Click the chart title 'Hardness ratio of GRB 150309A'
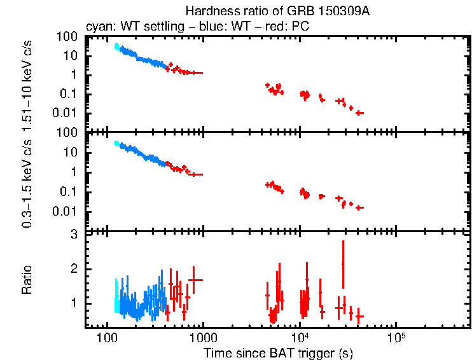[278, 11]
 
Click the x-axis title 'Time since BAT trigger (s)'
[278, 352]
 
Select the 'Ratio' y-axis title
[27, 280]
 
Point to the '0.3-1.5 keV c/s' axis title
[27, 181]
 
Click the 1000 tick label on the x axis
[202, 337]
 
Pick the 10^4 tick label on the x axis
[299, 336]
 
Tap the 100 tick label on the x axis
[106, 337]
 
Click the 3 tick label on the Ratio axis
[74, 235]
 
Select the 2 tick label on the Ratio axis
[74, 269]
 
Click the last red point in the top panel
[359, 113]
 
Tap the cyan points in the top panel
[116, 46]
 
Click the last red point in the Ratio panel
[359, 316]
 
